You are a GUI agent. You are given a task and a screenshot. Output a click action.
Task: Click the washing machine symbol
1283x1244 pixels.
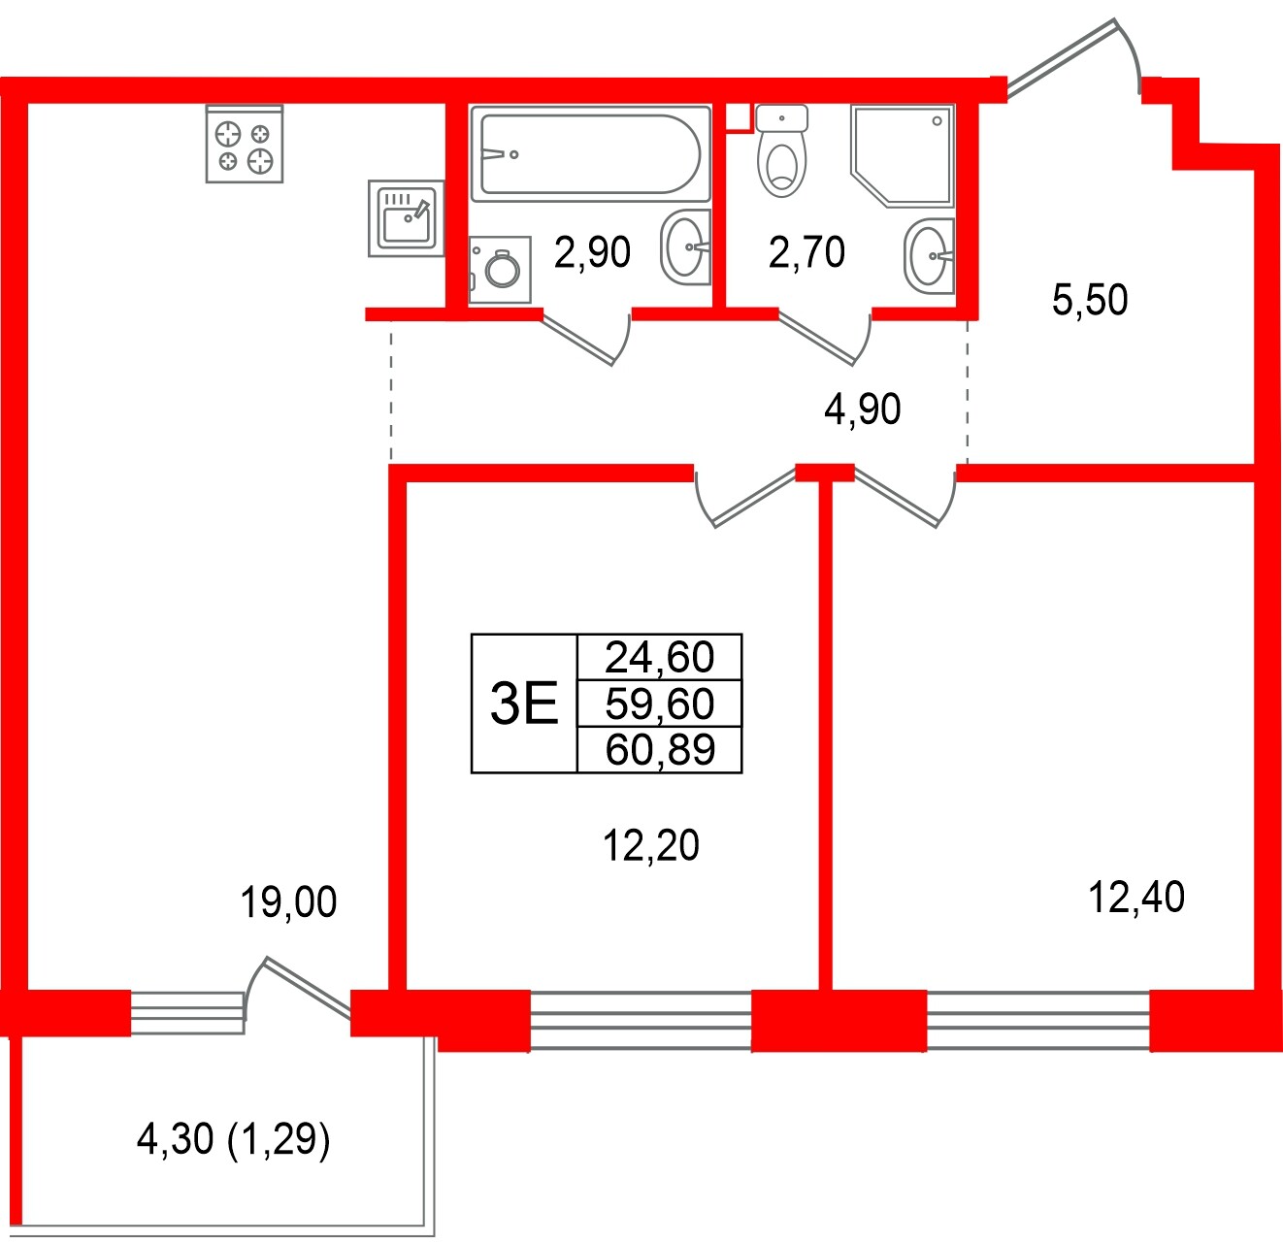[x=500, y=268]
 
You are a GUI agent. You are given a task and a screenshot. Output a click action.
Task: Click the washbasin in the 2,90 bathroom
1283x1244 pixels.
[x=685, y=246]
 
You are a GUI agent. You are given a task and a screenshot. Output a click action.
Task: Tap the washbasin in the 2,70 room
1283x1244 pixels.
[x=929, y=255]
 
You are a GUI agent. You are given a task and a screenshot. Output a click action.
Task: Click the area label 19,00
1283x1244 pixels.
[x=288, y=902]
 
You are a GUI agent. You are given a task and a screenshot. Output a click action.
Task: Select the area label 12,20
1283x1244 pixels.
[x=651, y=846]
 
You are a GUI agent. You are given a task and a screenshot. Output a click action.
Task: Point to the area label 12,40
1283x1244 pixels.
[x=1136, y=898]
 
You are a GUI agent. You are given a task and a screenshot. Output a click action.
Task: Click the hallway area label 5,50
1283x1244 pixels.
[x=1090, y=300]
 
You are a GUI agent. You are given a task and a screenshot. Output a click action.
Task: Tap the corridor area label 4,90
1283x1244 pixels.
[x=862, y=409]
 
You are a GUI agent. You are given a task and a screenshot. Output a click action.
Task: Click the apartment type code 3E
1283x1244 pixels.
[x=524, y=704]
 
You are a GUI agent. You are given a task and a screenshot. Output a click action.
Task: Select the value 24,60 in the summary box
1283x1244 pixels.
[x=660, y=658]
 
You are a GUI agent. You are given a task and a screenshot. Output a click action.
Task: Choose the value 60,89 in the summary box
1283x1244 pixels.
[x=660, y=750]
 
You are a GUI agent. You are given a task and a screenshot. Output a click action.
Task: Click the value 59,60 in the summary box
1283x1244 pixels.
[x=660, y=704]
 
